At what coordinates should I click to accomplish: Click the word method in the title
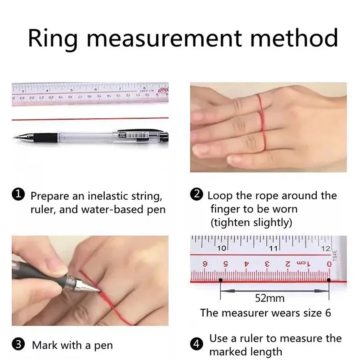tap(294, 38)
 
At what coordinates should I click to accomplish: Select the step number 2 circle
tap(197, 194)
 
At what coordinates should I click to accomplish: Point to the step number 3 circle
tap(18, 345)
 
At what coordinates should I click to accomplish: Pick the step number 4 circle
tap(197, 345)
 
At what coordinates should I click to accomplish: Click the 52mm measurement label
tap(270, 298)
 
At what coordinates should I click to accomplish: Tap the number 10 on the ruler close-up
tap(222, 248)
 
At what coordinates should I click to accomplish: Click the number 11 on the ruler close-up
tap(273, 248)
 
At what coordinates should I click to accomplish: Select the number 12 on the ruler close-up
tap(326, 248)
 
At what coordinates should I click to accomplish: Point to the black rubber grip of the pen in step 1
tap(45, 138)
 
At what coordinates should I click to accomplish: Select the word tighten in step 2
tap(231, 223)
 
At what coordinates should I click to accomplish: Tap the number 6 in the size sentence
tap(328, 313)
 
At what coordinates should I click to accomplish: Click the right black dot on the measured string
tap(329, 280)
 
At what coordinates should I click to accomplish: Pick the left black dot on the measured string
tap(221, 280)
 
